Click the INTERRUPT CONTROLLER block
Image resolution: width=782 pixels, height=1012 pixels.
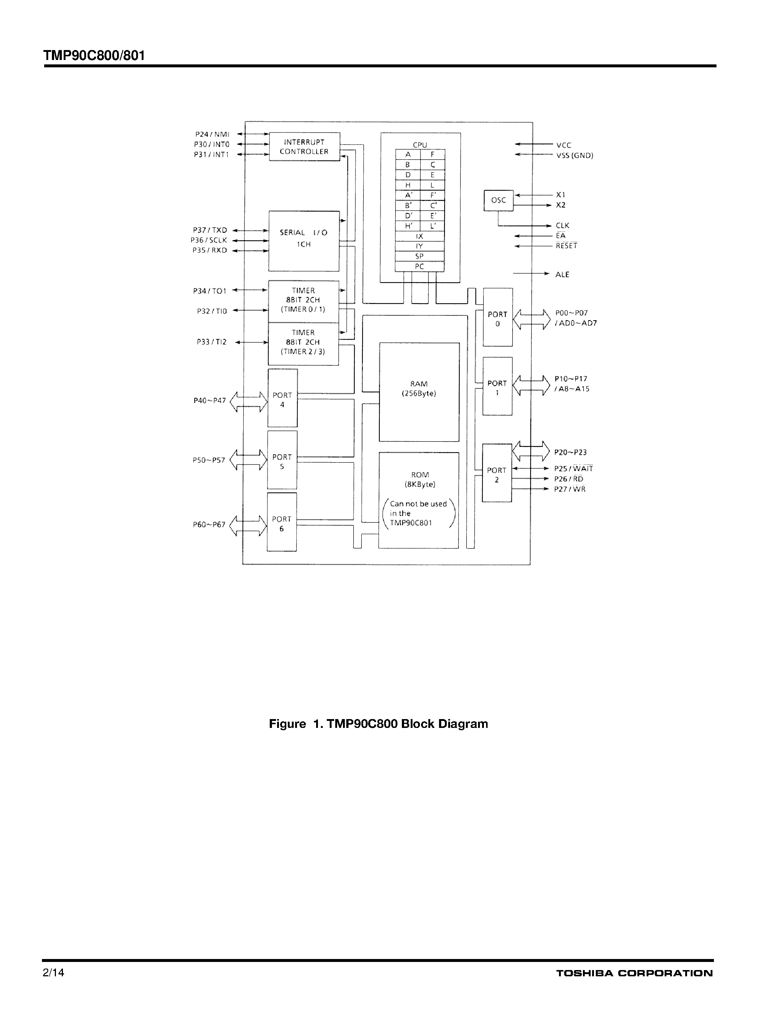click(304, 147)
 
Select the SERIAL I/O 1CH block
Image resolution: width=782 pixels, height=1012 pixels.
click(304, 241)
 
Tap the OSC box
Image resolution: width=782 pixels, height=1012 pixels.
click(499, 200)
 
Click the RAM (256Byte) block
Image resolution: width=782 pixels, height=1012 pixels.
click(419, 392)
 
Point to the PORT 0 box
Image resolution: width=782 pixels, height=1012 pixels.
click(498, 318)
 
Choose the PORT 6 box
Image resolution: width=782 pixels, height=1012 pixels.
click(282, 522)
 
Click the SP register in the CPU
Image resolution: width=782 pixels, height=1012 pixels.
click(419, 256)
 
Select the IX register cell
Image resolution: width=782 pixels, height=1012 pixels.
click(419, 236)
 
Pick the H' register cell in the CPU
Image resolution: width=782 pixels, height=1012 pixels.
click(408, 226)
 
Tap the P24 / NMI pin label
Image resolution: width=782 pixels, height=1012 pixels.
click(212, 134)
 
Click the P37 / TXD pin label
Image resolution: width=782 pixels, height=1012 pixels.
click(210, 230)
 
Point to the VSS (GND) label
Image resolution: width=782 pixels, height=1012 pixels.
click(574, 156)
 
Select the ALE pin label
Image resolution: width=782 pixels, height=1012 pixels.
click(562, 275)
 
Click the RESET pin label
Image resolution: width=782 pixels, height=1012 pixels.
click(566, 246)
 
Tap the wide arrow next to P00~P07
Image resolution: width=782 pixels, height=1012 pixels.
click(531, 319)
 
